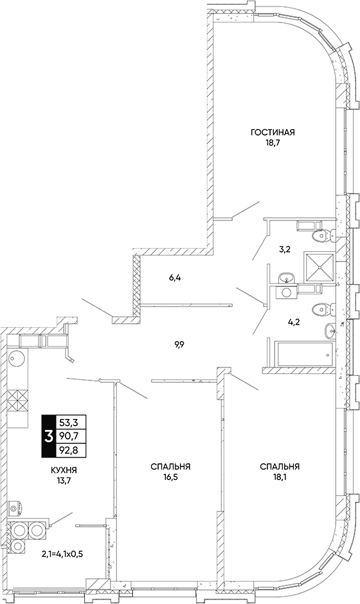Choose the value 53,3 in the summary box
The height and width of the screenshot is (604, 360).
pyautogui.click(x=70, y=423)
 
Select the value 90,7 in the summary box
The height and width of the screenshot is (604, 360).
pyautogui.click(x=70, y=436)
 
